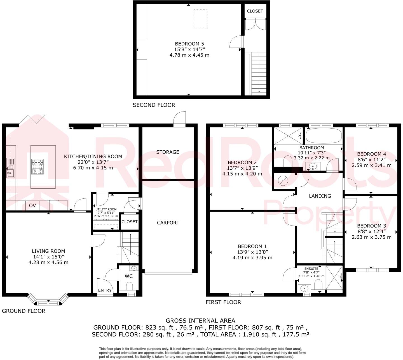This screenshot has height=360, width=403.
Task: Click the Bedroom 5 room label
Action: (189, 44)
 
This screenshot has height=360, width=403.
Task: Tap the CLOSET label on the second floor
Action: (255, 11)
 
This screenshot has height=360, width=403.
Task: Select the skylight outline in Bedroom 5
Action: (201, 19)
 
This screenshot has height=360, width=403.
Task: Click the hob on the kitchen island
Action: (38, 167)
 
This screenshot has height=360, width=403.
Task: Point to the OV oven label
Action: (32, 206)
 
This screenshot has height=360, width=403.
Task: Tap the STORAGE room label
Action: (168, 152)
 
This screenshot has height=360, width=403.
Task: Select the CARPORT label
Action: (168, 223)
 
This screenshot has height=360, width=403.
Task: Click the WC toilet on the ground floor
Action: (129, 286)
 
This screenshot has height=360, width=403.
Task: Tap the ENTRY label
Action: (105, 290)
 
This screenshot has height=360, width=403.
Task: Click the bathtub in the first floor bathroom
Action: (324, 136)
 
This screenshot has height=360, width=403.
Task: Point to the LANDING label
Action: (320, 196)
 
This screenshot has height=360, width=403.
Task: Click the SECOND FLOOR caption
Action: (154, 105)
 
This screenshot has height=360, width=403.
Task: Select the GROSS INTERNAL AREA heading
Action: (200, 321)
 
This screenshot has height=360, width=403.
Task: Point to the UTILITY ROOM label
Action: (106, 209)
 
